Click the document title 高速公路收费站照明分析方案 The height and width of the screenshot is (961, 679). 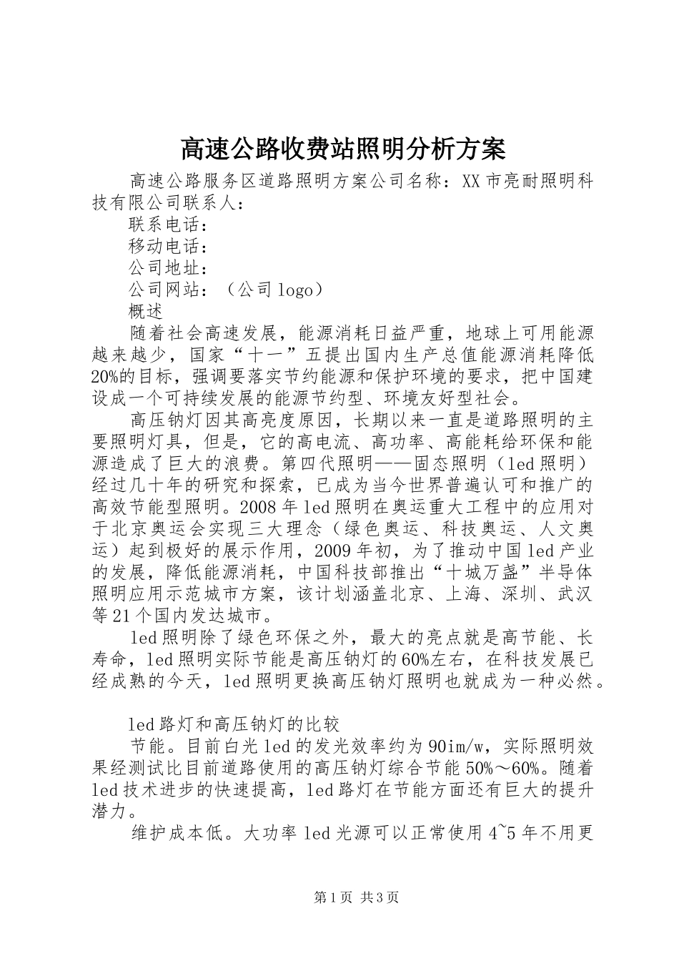tap(342, 149)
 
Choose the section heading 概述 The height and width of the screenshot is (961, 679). tap(147, 311)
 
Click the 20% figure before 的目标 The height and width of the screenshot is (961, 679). tap(107, 376)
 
